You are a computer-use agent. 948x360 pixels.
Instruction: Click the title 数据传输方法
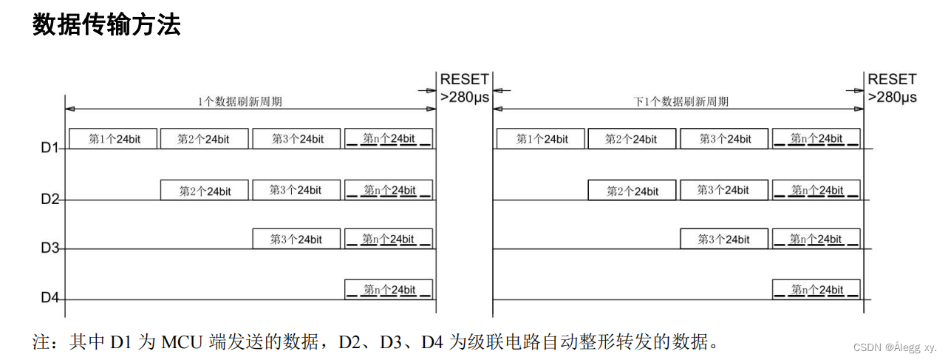tap(106, 26)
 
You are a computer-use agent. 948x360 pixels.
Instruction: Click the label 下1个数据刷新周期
tap(681, 101)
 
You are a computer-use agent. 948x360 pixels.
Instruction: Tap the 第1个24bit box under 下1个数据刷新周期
tap(541, 138)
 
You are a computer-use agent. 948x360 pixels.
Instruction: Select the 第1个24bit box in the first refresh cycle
tap(113, 138)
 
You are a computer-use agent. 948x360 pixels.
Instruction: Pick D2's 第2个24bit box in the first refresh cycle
tap(205, 191)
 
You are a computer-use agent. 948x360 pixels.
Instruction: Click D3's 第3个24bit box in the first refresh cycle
tap(297, 239)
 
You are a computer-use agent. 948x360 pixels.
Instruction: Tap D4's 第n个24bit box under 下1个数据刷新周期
tap(816, 289)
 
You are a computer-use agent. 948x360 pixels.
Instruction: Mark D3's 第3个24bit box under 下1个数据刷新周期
tap(724, 239)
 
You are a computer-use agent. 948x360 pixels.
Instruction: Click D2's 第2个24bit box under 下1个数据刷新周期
tap(632, 191)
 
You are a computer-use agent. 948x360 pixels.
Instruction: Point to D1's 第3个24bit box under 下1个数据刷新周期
tap(724, 138)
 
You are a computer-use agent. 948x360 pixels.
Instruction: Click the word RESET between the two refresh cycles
tap(464, 80)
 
